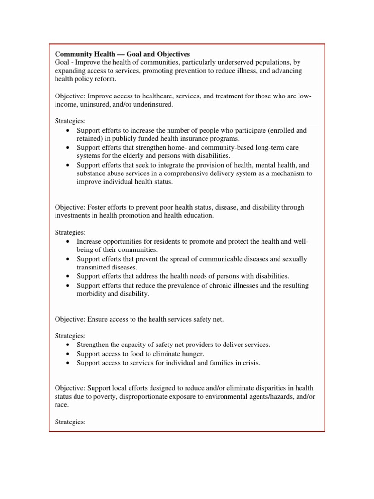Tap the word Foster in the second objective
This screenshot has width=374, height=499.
[x=97, y=207]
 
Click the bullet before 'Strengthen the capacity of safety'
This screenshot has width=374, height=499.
[x=67, y=345]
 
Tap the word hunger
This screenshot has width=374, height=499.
[x=190, y=354]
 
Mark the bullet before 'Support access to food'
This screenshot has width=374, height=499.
[x=67, y=354]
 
